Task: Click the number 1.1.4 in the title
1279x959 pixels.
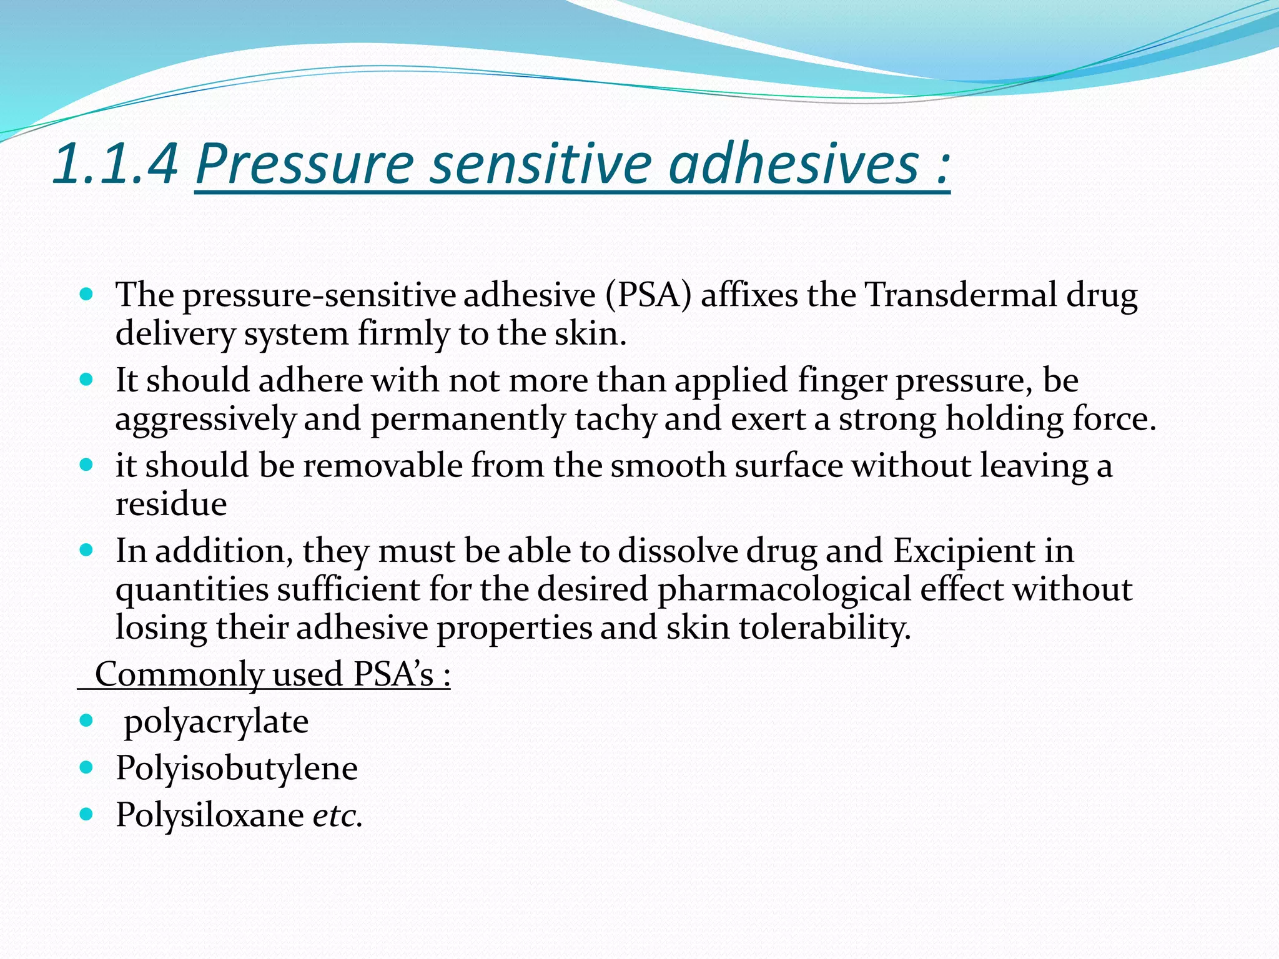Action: point(116,164)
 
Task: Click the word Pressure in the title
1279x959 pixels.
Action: point(305,164)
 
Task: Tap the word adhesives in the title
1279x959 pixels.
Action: point(794,164)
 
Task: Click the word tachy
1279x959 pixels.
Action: point(615,418)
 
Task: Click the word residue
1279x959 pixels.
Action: point(170,504)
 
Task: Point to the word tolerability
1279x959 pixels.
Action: point(824,628)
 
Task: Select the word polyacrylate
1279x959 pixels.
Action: point(216,722)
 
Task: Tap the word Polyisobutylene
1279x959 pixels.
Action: point(237,769)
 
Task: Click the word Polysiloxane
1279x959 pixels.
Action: point(210,815)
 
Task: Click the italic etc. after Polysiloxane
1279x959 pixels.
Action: point(337,815)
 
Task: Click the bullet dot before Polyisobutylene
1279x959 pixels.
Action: point(87,767)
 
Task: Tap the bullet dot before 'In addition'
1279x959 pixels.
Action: point(87,549)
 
